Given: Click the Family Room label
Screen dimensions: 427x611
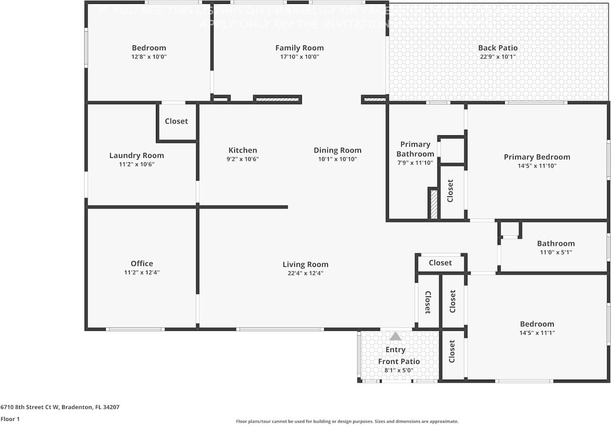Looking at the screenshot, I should point(299,48).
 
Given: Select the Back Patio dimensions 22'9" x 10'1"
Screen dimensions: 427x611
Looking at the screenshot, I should point(498,56).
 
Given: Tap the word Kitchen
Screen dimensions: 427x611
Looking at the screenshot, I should point(243,150).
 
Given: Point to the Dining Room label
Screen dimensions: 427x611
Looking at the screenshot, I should point(337,150).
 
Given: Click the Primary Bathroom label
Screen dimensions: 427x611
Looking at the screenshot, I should point(415,149).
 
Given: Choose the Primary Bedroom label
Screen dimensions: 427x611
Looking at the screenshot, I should point(537,157).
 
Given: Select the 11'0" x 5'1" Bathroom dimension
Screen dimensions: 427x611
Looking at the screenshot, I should point(555,252).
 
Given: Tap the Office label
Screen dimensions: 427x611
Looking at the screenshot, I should point(142,263).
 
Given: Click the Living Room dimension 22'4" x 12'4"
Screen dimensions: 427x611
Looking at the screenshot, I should point(305,273).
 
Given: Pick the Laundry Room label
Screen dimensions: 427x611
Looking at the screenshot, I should point(136,155).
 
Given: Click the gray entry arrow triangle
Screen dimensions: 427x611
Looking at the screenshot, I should point(395,336).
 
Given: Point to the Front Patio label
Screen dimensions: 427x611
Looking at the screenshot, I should point(399,361).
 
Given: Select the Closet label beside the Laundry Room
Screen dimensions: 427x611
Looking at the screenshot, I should point(176,121).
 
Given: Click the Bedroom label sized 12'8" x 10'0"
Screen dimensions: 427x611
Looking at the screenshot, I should point(149,48).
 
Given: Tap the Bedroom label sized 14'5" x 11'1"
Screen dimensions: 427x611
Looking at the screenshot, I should point(537,324).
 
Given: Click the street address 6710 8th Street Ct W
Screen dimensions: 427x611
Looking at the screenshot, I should point(60,407).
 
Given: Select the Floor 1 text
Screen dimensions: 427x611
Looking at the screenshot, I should point(11,419).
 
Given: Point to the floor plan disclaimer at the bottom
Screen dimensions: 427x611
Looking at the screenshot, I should point(347,421).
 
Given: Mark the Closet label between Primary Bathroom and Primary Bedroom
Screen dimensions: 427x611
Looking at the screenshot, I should point(450,191).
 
